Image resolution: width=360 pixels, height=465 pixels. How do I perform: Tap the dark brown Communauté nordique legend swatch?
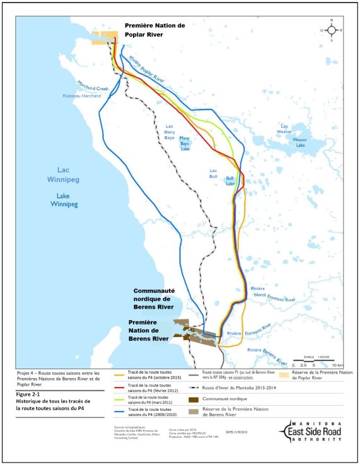pos(192,400)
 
